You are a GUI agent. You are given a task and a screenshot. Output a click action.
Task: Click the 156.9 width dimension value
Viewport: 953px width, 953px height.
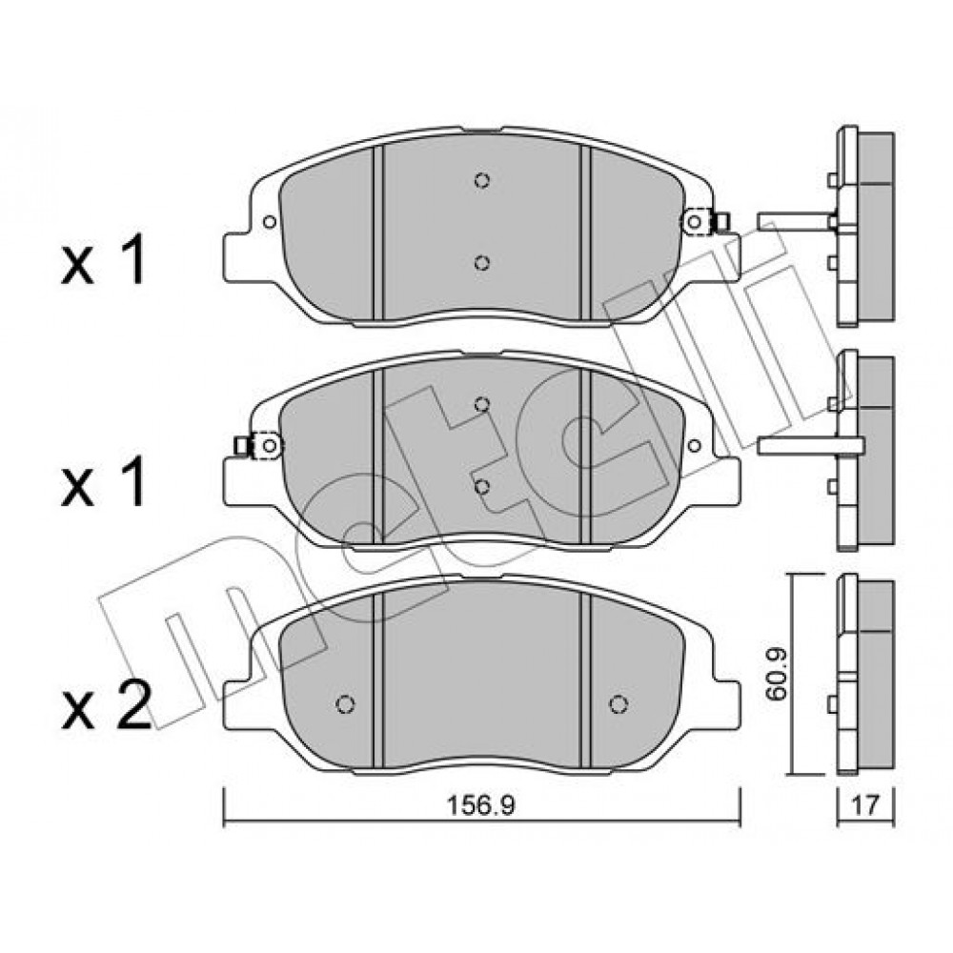click(480, 805)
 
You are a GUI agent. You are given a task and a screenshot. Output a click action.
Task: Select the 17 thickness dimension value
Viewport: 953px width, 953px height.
click(865, 806)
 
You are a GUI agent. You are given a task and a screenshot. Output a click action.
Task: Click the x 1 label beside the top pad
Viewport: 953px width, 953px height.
click(103, 261)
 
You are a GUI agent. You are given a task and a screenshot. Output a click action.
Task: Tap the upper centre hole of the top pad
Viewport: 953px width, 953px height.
click(482, 180)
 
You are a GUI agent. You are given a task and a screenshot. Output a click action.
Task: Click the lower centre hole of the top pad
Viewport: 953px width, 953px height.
click(482, 263)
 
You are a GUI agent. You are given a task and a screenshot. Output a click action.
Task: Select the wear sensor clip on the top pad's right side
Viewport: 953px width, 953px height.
click(705, 222)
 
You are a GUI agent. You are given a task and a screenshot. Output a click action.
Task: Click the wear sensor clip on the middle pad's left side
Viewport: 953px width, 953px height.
click(258, 446)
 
